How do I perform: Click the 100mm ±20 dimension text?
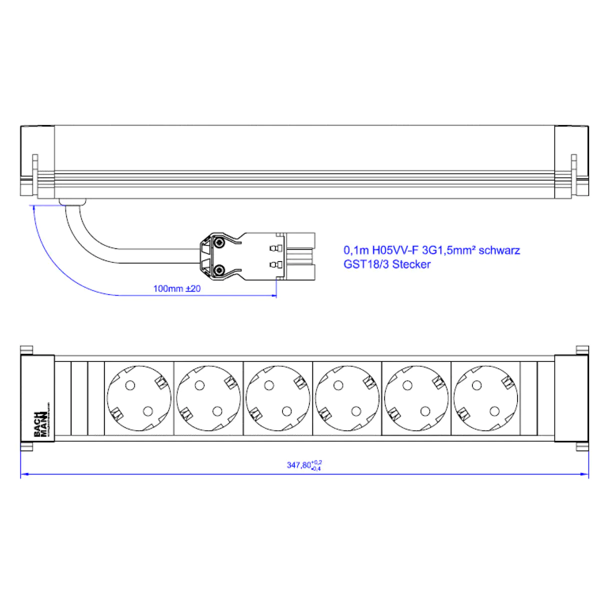177,288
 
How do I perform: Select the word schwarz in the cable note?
499,250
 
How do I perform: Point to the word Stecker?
411,264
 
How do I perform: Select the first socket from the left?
139,398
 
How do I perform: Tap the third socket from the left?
278,398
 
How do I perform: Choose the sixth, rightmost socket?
485,398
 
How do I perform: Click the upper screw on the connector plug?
219,243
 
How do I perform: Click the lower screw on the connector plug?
219,270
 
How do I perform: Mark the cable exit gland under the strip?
72,202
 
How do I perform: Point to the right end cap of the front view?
572,398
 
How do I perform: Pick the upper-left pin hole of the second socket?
199,385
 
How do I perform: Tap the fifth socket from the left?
416,398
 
